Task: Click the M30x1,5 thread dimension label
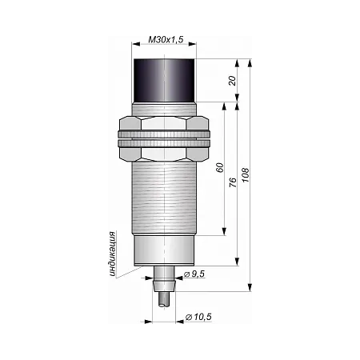[166, 40]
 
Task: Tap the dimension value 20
[233, 81]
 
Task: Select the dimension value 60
[220, 167]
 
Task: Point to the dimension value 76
[233, 182]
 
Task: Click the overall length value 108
[245, 175]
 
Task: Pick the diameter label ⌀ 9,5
[194, 274]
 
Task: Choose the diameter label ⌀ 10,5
[198, 317]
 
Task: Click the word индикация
[113, 254]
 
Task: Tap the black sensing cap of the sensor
[164, 81]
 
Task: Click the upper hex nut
[164, 123]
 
